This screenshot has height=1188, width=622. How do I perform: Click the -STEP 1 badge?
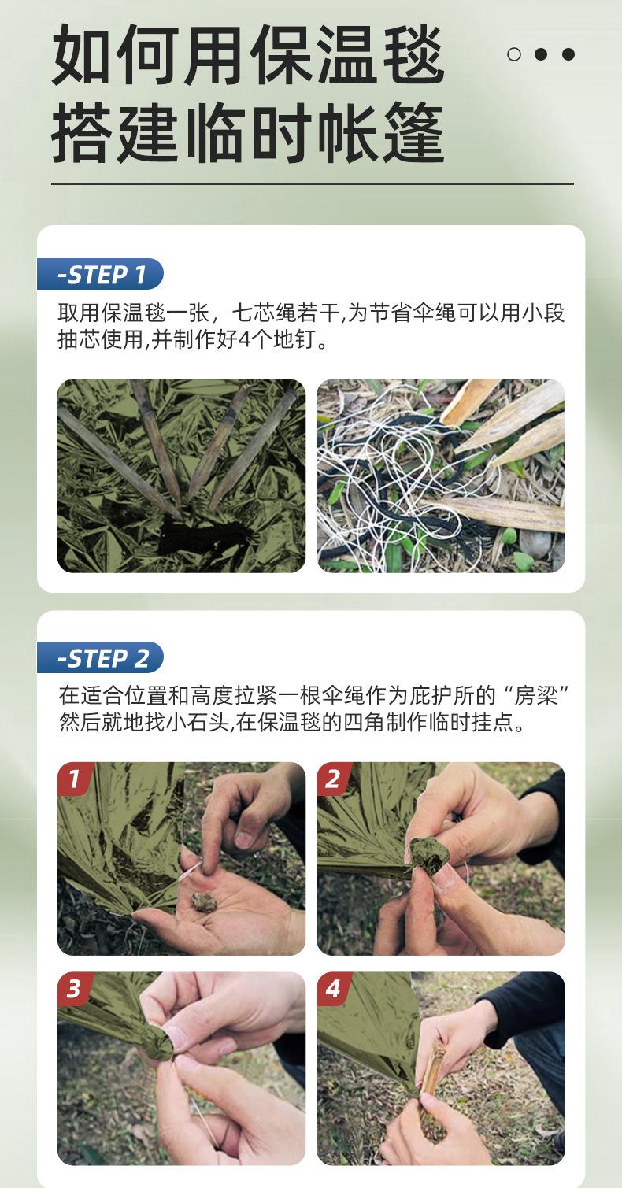click(100, 274)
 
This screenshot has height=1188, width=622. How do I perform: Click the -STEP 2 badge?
click(100, 657)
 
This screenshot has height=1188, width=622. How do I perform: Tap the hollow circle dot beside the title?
click(514, 54)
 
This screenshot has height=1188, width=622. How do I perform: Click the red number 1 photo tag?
click(75, 779)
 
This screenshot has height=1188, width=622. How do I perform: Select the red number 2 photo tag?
click(334, 779)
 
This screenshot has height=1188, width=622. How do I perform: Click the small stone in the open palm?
click(202, 901)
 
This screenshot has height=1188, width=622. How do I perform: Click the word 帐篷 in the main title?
click(379, 132)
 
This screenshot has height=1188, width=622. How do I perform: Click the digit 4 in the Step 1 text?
click(244, 340)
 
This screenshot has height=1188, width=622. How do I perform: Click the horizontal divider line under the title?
click(313, 184)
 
